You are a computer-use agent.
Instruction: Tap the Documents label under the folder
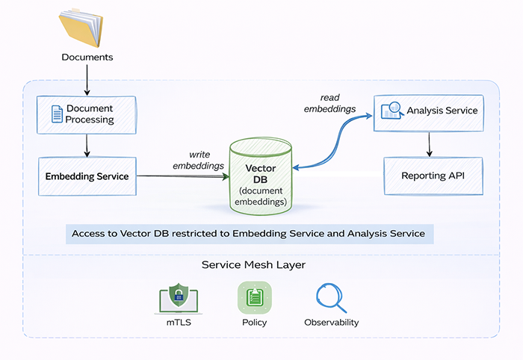(87, 58)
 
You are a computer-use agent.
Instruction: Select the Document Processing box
(87, 114)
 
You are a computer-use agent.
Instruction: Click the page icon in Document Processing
(57, 114)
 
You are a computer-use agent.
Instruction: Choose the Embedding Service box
(87, 176)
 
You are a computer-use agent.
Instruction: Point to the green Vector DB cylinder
(261, 174)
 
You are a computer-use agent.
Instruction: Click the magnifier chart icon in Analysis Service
(392, 111)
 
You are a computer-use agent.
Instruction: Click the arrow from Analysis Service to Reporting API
(428, 143)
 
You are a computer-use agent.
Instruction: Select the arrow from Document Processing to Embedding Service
(87, 145)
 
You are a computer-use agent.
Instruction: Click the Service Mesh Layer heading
(253, 265)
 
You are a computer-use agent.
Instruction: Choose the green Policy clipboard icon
(255, 297)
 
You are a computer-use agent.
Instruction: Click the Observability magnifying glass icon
(331, 297)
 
